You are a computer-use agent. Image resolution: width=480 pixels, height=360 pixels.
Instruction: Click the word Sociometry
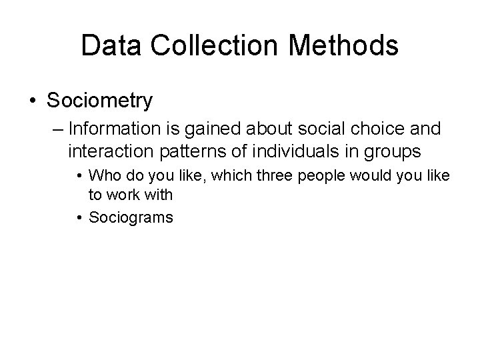point(99,101)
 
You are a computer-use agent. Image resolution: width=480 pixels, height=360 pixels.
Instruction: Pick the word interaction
point(107,151)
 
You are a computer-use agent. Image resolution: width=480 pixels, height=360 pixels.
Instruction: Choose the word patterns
point(186,152)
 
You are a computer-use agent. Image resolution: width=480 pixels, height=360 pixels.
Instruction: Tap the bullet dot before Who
point(79,176)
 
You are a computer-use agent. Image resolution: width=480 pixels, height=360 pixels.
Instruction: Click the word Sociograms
point(131,217)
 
